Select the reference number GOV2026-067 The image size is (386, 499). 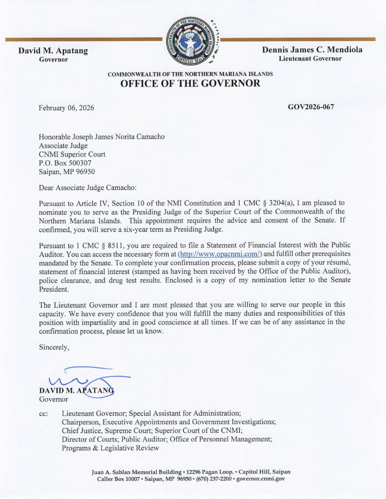coord(311,107)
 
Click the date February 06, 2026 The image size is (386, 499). coord(67,108)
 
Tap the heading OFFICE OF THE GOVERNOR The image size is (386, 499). coord(190,83)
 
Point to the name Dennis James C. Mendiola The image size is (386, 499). coord(312,50)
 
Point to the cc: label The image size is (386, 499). coord(43,413)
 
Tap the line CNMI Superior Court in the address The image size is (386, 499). coord(72,154)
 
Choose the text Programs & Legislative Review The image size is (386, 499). coord(110,448)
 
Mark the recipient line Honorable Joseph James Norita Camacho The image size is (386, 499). coord(102,137)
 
